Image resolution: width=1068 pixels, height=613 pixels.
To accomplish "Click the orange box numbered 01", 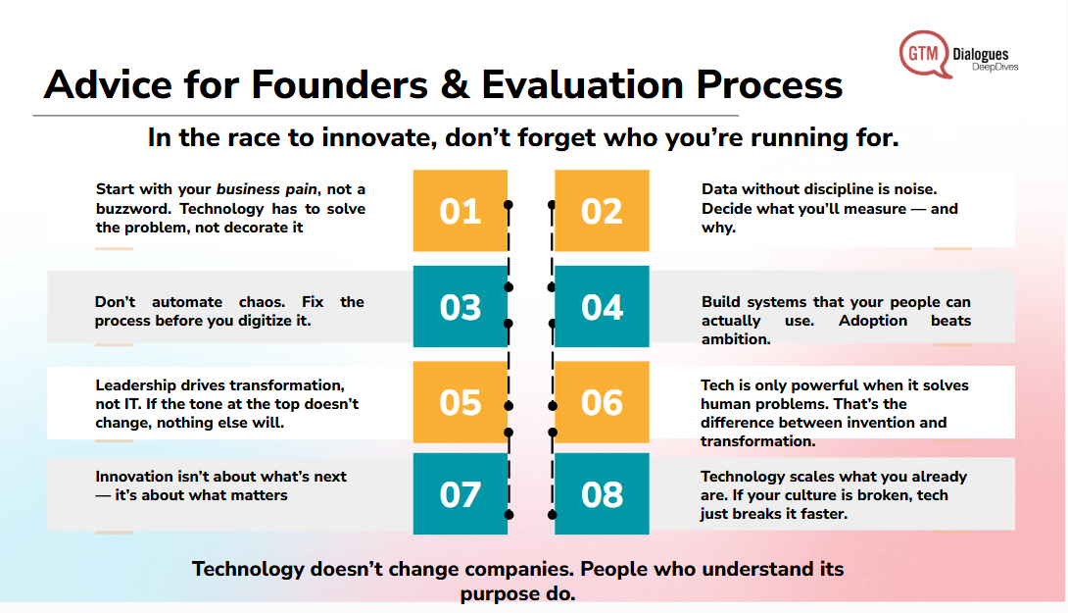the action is (x=461, y=211).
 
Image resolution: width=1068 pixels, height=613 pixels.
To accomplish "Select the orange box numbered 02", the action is (x=602, y=211).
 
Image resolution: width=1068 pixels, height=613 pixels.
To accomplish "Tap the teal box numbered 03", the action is (x=461, y=307).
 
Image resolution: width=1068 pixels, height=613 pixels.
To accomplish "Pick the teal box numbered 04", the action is (x=602, y=307).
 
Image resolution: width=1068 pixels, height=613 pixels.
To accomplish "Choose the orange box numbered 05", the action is (x=461, y=402).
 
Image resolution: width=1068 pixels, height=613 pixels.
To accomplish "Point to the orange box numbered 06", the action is (x=602, y=402).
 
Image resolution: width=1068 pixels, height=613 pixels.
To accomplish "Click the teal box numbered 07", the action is (x=461, y=493).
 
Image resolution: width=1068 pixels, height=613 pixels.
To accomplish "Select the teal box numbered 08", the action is (x=602, y=493).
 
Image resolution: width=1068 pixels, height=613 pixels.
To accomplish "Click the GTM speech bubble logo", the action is (x=924, y=54).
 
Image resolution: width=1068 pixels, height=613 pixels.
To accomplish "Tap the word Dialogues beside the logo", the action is (x=980, y=54).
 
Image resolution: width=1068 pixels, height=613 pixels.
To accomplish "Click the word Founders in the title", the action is (x=339, y=84).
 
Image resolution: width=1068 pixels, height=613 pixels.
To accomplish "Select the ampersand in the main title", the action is (x=455, y=84).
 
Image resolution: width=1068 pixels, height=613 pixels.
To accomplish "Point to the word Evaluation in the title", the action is (x=582, y=84).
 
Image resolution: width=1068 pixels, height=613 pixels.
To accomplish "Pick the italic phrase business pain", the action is (x=267, y=189).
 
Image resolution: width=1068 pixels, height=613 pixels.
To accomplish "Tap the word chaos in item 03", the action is (x=263, y=301).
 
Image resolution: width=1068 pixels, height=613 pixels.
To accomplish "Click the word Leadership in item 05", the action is (x=135, y=385).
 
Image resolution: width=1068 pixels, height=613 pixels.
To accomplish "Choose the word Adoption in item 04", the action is (x=872, y=321).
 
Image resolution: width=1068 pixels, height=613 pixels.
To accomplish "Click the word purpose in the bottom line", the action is (x=500, y=593).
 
